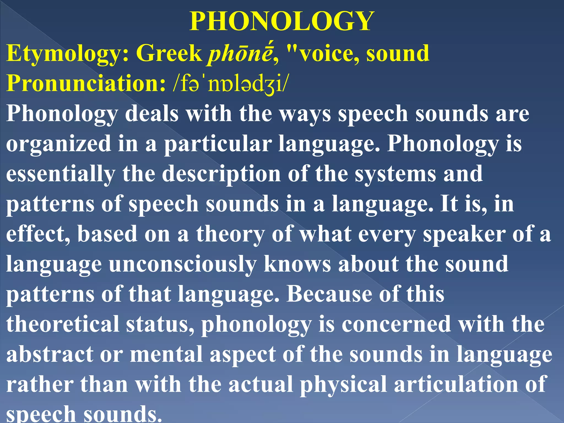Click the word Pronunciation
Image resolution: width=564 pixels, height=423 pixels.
tap(85, 83)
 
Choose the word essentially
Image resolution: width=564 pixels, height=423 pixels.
tap(61, 174)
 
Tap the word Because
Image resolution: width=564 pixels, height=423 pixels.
tap(329, 294)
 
